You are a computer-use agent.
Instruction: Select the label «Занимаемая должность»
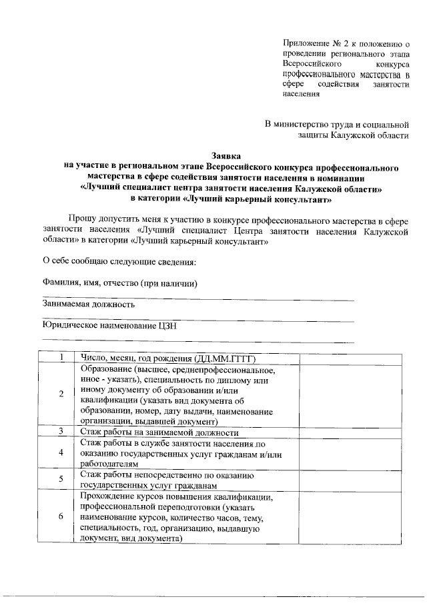tap(89, 304)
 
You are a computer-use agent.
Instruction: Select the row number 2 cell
tap(61, 394)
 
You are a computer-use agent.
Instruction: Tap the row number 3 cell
tap(61, 432)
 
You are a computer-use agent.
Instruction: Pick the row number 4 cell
tap(61, 452)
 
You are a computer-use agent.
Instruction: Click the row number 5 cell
tap(61, 479)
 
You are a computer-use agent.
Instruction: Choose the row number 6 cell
tap(61, 517)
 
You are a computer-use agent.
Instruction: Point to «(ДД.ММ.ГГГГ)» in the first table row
tap(226, 358)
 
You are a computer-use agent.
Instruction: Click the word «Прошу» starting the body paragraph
tap(82, 218)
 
